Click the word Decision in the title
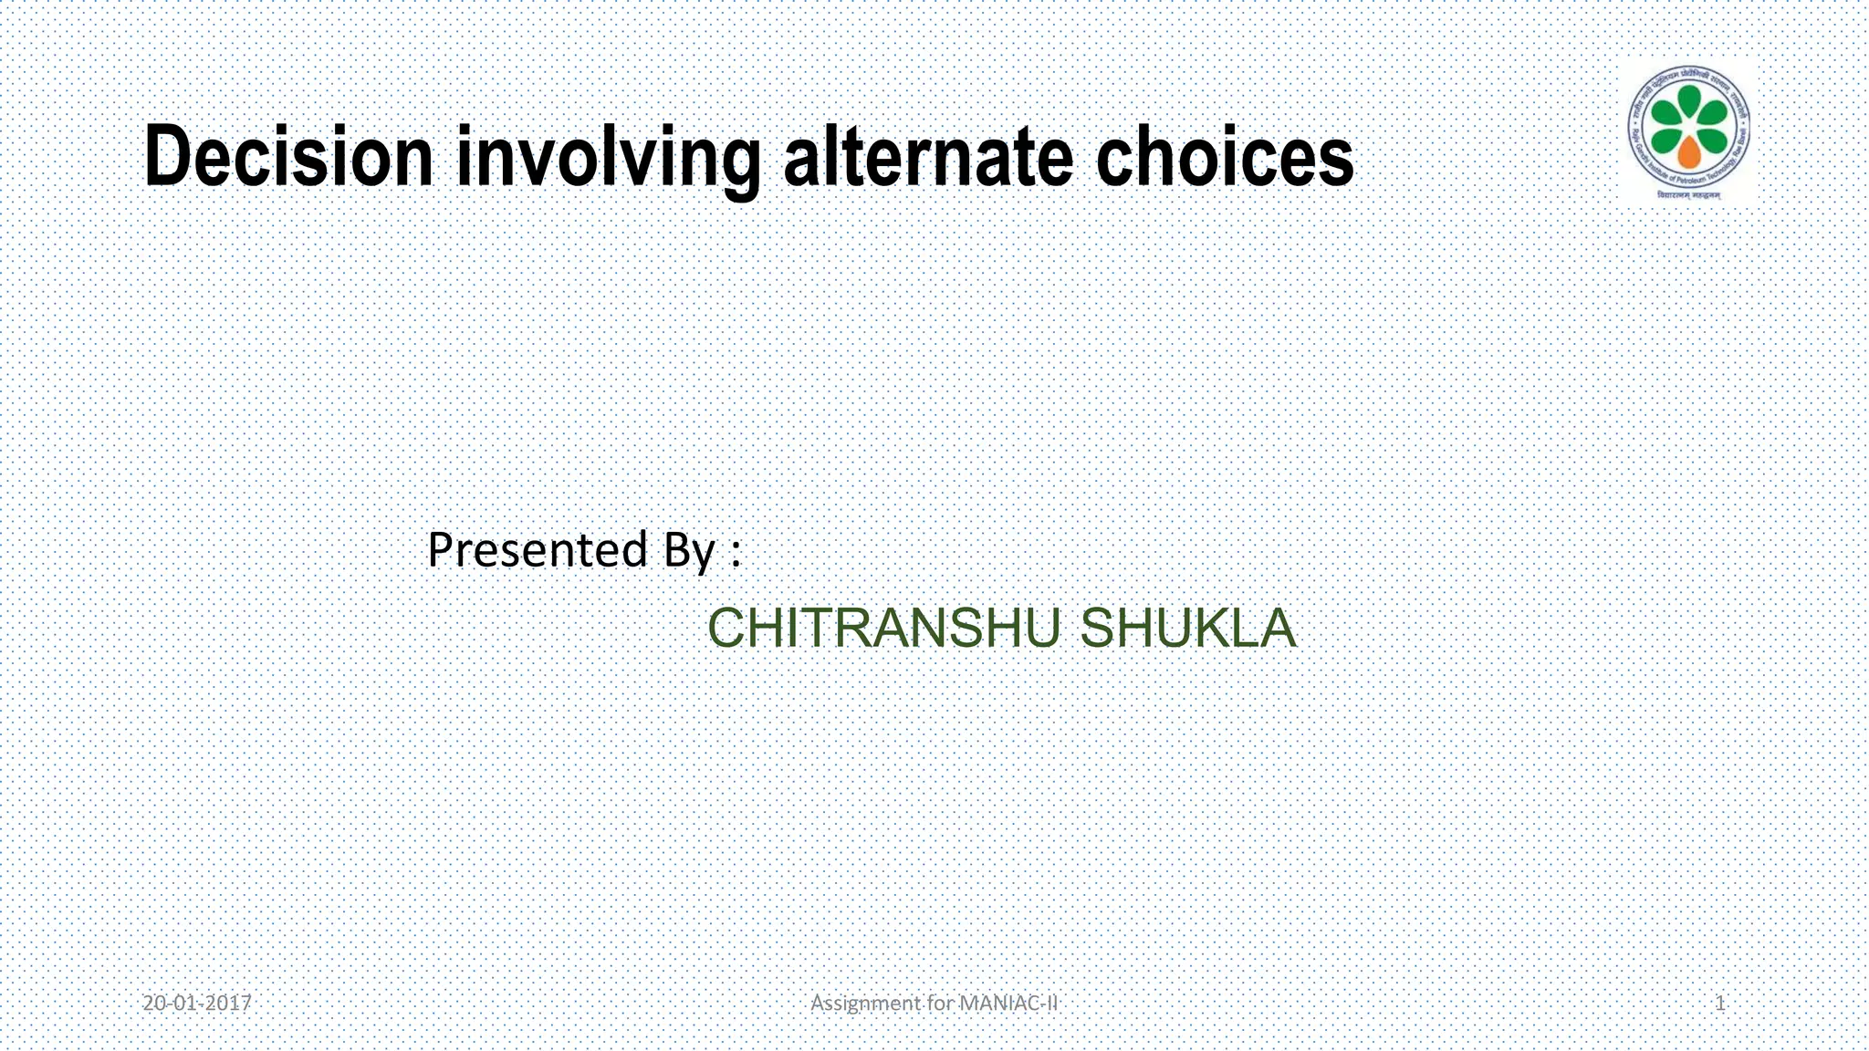tap(288, 157)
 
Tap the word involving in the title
tap(608, 160)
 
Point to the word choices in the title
tap(1224, 157)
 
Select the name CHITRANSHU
tap(883, 629)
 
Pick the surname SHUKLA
tap(1187, 629)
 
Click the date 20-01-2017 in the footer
tap(197, 1004)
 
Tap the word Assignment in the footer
tap(865, 1004)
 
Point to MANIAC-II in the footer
tap(1009, 1004)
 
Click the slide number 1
tap(1720, 1004)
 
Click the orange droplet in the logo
tap(1689, 151)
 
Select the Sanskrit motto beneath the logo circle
tap(1689, 195)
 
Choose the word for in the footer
tap(939, 1004)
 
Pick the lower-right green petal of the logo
tap(1713, 140)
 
